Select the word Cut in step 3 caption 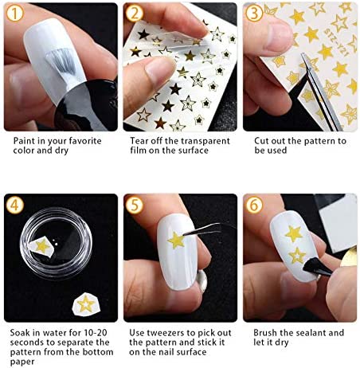point(262,140)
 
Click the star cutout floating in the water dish point(41,246)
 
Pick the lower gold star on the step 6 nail point(296,256)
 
